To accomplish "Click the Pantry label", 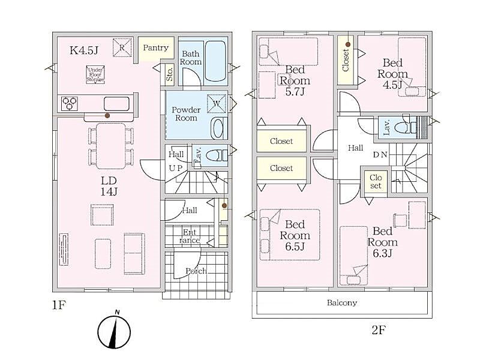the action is pos(155,48).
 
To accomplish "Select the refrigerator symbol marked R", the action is pos(122,47).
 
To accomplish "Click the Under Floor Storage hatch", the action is pos(95,74).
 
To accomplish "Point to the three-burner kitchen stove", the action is pos(70,103).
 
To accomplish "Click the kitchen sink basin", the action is pos(116,103).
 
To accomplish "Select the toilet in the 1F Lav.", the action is pos(217,156).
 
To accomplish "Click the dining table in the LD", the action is pos(111,146).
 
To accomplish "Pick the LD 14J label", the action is pos(109,186).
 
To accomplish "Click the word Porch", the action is pos(196,271).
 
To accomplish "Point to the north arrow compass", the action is pos(114,331).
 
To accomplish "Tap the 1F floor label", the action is pos(59,305).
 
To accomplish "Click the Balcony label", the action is pos(342,303).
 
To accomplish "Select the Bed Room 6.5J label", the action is pos(295,235).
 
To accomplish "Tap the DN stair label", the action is pos(380,155).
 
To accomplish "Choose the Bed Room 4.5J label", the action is pos(392,74).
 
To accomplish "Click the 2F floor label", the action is pos(379,330).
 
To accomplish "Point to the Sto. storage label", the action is pos(170,74).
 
